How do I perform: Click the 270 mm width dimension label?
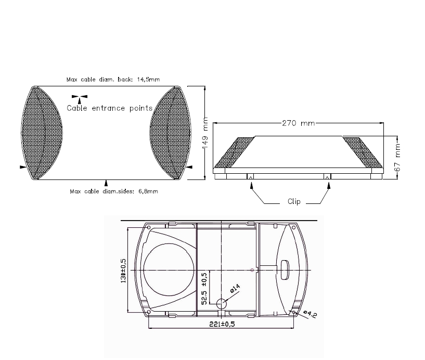coord(299,123)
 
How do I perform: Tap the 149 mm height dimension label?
coord(205,133)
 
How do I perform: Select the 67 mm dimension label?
coord(397,158)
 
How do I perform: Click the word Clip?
coord(294,201)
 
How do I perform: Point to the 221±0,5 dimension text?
coord(222,324)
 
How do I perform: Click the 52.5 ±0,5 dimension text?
coord(204,289)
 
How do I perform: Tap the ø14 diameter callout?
coord(235,288)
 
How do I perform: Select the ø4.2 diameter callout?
coord(310,314)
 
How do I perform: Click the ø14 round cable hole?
coord(222,304)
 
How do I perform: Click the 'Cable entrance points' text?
coord(110,108)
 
